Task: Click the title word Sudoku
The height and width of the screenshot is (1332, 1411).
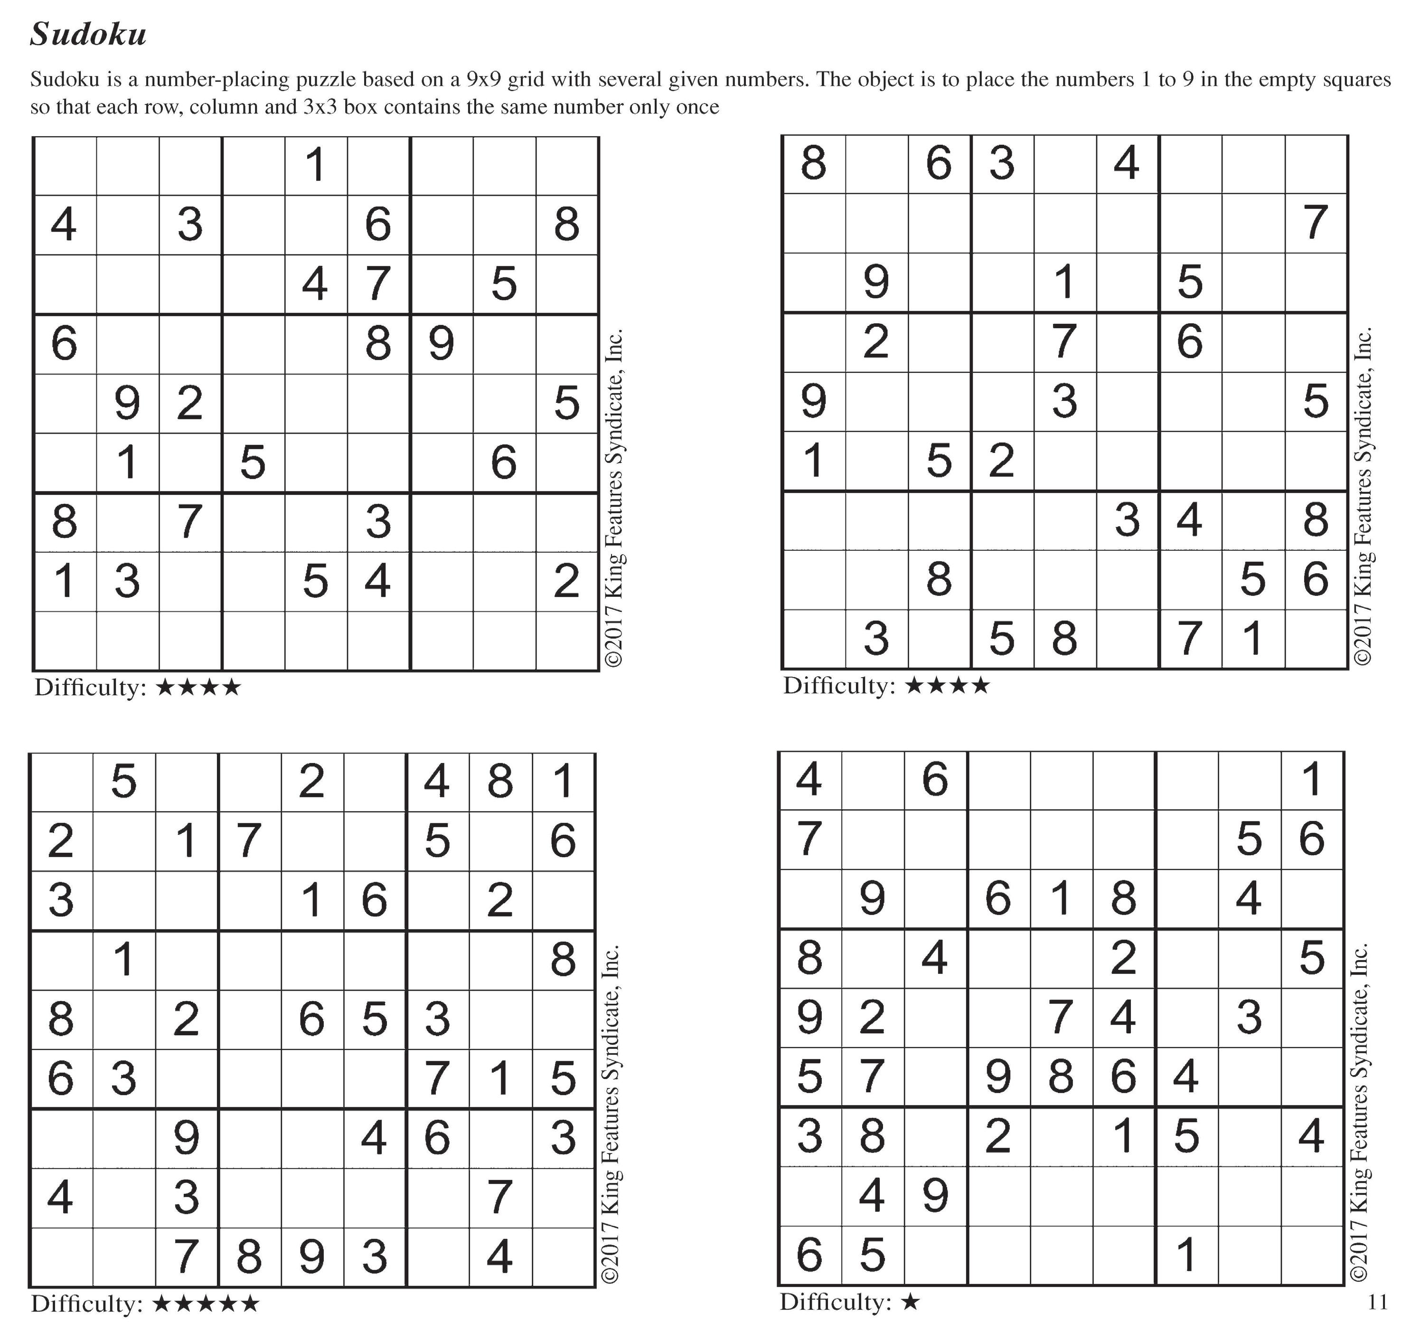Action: (88, 34)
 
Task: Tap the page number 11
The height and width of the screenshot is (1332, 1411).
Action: (1377, 1302)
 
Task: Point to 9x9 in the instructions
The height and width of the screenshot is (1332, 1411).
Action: (483, 79)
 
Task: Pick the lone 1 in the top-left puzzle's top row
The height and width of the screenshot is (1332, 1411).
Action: (315, 165)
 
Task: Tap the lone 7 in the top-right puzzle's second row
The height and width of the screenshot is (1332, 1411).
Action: (1315, 223)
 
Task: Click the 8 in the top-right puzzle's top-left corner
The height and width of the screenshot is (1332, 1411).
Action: (813, 163)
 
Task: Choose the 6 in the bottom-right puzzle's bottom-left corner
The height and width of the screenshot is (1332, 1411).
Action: (809, 1255)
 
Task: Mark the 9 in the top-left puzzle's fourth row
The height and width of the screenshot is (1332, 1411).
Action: (441, 344)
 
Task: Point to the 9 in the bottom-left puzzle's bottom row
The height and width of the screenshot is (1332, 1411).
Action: (311, 1257)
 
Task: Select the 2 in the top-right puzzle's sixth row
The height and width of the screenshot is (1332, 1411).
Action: (1001, 460)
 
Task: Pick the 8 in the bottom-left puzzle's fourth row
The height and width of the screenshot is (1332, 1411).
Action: (564, 960)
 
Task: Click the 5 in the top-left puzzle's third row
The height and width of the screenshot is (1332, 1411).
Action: (503, 284)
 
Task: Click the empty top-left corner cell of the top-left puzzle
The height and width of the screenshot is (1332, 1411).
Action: (65, 166)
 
